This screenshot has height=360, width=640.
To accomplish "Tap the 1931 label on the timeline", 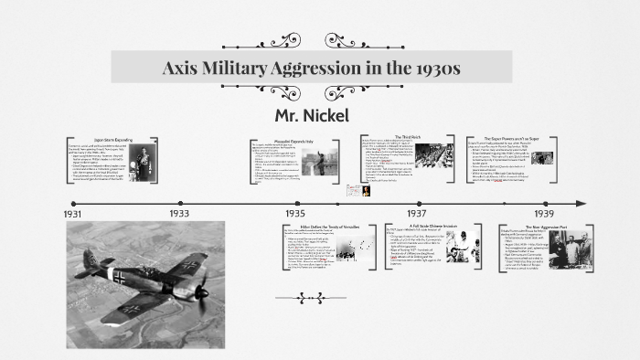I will click(x=74, y=213).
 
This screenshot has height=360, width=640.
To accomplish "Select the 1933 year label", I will click(x=179, y=213).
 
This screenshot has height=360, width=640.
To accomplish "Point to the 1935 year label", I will click(x=295, y=213).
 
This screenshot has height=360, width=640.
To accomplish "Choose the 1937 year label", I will click(x=416, y=213).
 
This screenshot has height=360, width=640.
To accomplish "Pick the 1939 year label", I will click(x=544, y=213).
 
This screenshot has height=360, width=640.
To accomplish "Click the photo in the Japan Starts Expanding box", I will click(x=149, y=164).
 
